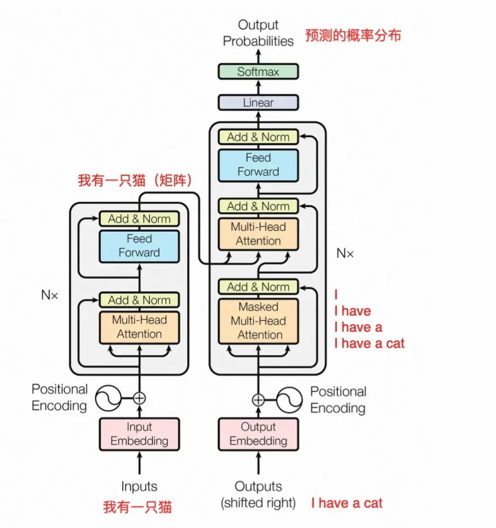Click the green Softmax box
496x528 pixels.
[258, 72]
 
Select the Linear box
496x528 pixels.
[258, 102]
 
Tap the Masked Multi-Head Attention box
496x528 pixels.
[258, 321]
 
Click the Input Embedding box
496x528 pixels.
[139, 434]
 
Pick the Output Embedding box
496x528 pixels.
[258, 434]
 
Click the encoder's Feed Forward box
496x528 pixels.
[139, 246]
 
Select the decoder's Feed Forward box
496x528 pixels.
[258, 165]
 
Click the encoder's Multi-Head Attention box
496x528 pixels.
[139, 327]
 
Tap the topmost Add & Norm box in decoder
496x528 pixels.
[258, 137]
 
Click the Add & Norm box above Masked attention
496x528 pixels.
[258, 287]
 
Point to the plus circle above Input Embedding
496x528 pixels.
[139, 398]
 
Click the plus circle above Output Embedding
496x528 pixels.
[258, 400]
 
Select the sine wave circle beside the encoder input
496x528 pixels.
[108, 398]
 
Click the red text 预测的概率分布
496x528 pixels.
[353, 35]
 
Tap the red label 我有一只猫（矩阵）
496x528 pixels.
[135, 180]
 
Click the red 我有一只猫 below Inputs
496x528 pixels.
[137, 507]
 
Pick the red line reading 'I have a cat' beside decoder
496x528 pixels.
[370, 344]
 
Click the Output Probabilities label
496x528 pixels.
[258, 33]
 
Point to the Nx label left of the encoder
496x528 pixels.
[50, 295]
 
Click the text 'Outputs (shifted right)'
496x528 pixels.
[258, 495]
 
